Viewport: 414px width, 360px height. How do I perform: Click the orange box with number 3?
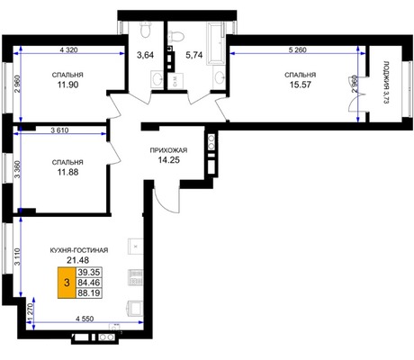pyautogui.click(x=67, y=283)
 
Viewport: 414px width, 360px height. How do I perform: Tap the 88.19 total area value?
pyautogui.click(x=89, y=292)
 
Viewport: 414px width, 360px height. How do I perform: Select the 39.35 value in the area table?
pyautogui.click(x=89, y=273)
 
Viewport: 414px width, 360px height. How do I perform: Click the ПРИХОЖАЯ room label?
pyautogui.click(x=168, y=150)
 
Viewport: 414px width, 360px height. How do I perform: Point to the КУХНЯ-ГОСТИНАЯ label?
pyautogui.click(x=79, y=250)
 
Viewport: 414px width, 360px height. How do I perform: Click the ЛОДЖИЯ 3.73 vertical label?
pyautogui.click(x=386, y=83)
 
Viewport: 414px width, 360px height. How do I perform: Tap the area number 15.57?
pyautogui.click(x=301, y=85)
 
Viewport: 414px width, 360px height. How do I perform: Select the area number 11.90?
pyautogui.click(x=67, y=85)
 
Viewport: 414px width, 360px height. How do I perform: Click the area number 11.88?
pyautogui.click(x=67, y=172)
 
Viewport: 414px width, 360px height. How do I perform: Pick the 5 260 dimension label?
pyautogui.click(x=298, y=49)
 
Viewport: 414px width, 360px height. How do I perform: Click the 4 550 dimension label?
pyautogui.click(x=85, y=319)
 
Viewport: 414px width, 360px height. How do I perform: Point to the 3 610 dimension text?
pyautogui.click(x=59, y=130)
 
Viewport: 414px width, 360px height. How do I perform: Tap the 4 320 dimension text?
pyautogui.click(x=68, y=49)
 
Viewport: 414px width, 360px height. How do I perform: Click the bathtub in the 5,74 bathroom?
pyautogui.click(x=216, y=44)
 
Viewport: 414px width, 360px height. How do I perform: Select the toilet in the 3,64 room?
pyautogui.click(x=146, y=30)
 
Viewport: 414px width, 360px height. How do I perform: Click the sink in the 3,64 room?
pyautogui.click(x=157, y=79)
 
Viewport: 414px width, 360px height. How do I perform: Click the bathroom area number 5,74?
pyautogui.click(x=194, y=55)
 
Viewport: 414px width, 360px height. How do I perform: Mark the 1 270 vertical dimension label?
pyautogui.click(x=30, y=312)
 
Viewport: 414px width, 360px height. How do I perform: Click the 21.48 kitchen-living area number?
pyautogui.click(x=78, y=260)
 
